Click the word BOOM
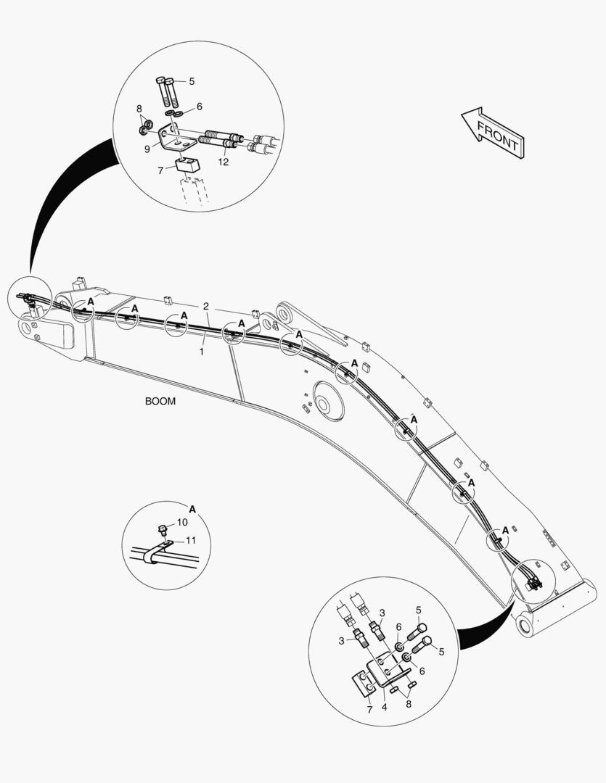click(160, 401)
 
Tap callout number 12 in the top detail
click(224, 162)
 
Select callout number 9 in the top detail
click(147, 149)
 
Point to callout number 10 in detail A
click(182, 522)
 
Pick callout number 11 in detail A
click(191, 540)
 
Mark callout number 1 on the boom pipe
click(202, 350)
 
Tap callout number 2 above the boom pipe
click(206, 306)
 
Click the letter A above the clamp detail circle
click(192, 508)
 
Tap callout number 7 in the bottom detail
click(369, 709)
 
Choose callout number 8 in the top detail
click(139, 109)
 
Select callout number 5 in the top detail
click(192, 81)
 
